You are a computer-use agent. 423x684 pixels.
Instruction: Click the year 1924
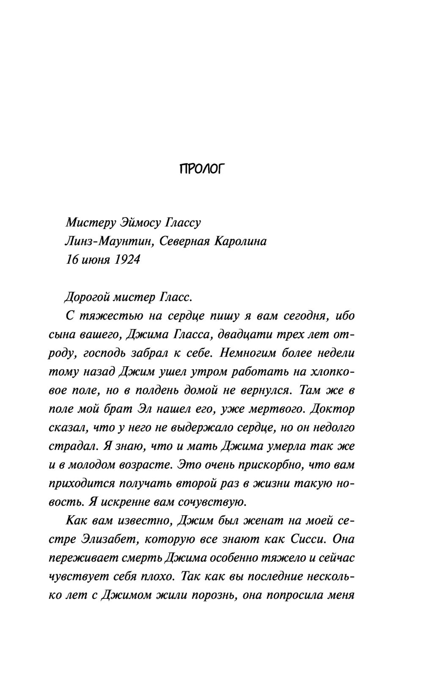point(126,259)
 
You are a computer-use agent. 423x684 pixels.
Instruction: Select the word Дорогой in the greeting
point(87,297)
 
